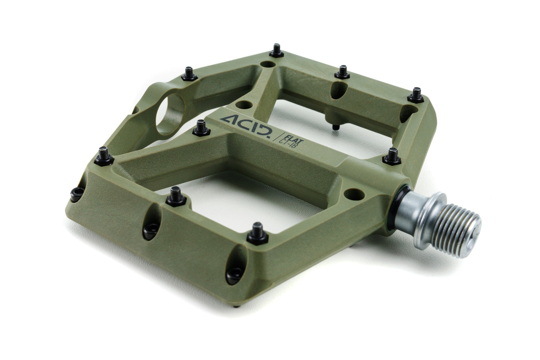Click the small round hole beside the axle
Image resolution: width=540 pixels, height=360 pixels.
click(x=353, y=193)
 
